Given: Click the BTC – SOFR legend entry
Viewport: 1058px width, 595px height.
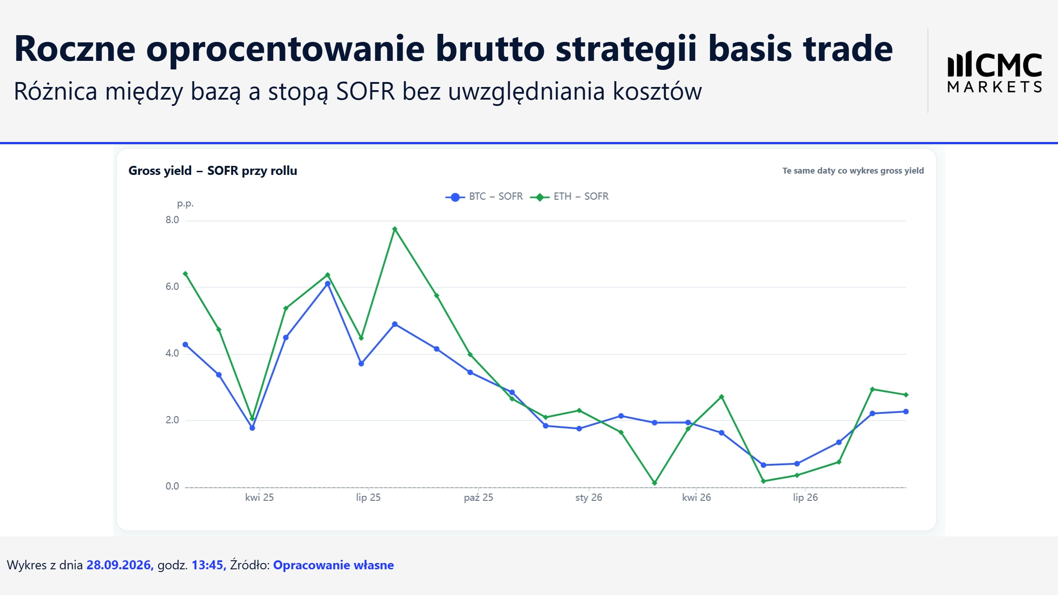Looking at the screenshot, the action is (484, 197).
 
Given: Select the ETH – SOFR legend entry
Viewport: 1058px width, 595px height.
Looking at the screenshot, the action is (569, 197).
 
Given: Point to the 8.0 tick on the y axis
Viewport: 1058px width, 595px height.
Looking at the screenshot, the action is (172, 220).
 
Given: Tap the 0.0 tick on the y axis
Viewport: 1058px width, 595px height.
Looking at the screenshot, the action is (172, 486).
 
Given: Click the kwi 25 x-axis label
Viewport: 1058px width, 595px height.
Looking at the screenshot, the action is (259, 497).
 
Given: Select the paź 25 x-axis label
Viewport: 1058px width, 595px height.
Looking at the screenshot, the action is (478, 497).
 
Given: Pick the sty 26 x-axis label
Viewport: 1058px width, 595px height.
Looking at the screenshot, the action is (589, 497).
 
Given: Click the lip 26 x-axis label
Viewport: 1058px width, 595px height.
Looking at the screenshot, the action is (805, 497).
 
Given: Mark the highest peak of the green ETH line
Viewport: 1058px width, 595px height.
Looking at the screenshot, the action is (394, 229).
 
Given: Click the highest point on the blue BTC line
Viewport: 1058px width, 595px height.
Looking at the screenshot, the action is (328, 284).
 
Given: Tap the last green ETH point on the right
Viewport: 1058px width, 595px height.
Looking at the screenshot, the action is (906, 395).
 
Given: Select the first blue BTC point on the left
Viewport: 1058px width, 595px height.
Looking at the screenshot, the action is (185, 344).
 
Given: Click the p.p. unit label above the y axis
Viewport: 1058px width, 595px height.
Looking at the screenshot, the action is (185, 204).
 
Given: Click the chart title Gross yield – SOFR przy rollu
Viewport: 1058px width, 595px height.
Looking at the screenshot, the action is (213, 171).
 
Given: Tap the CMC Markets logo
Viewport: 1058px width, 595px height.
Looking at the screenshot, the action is (994, 73).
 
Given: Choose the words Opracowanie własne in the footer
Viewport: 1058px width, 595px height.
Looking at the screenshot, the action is (334, 565).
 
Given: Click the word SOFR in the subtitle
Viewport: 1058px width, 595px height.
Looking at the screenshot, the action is (366, 92).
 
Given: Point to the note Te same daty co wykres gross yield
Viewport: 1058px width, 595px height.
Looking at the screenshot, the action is (853, 171).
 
